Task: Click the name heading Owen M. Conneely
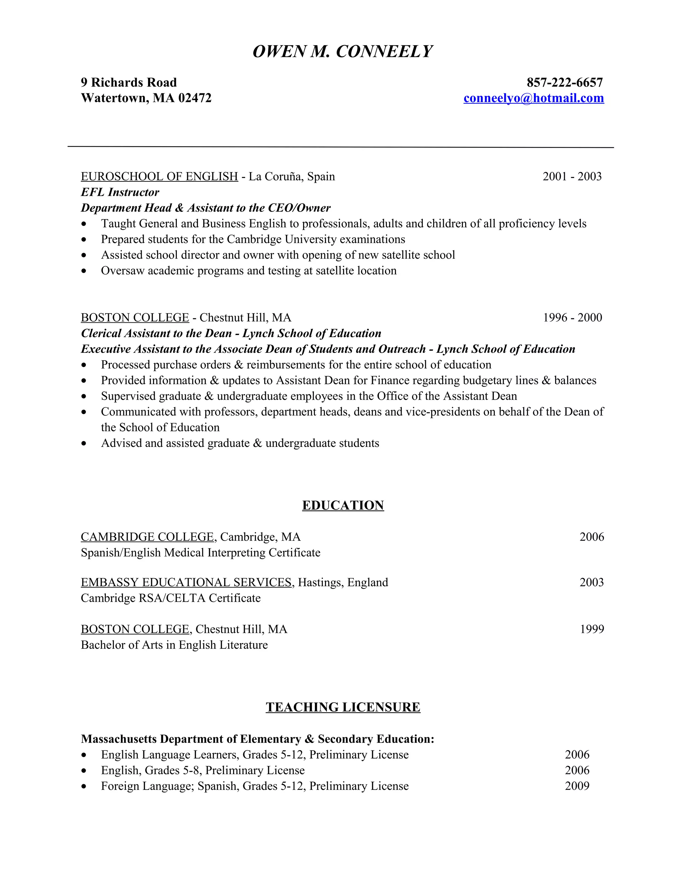coord(343,52)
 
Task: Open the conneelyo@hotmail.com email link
coord(534,98)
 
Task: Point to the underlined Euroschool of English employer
coord(159,177)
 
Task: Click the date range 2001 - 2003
coord(572,177)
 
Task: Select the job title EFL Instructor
coord(120,192)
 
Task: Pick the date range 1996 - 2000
coord(572,318)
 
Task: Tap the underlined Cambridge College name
coord(147,537)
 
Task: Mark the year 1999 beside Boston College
coord(592,629)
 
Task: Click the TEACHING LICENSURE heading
coord(343,707)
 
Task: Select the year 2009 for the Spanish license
coord(577,786)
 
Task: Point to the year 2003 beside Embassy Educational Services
coord(592,582)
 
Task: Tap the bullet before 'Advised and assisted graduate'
coord(84,443)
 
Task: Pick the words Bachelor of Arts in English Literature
coord(174,645)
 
